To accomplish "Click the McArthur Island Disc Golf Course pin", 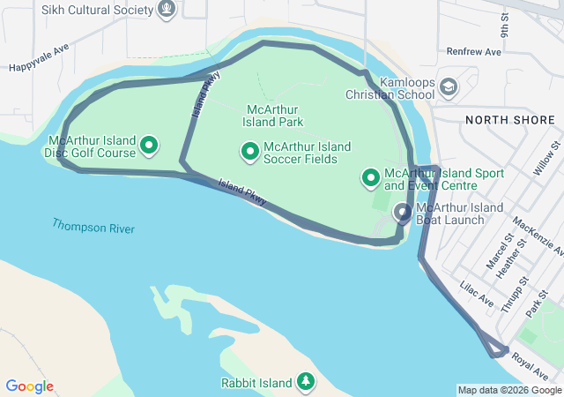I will (x=150, y=145).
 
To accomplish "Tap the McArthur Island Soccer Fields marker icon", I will (x=249, y=152).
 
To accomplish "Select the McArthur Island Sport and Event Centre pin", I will (x=371, y=179).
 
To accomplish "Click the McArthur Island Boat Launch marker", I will (x=403, y=213).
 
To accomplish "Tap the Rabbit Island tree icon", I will (x=305, y=382).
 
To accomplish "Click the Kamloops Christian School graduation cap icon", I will (x=449, y=87).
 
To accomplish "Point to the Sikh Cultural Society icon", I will (x=165, y=9).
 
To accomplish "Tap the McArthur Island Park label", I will (x=273, y=116).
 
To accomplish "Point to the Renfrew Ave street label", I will (x=473, y=52).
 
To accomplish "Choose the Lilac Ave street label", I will (x=478, y=294).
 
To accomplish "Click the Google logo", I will (x=30, y=386).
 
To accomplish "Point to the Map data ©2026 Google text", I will (x=508, y=390).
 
